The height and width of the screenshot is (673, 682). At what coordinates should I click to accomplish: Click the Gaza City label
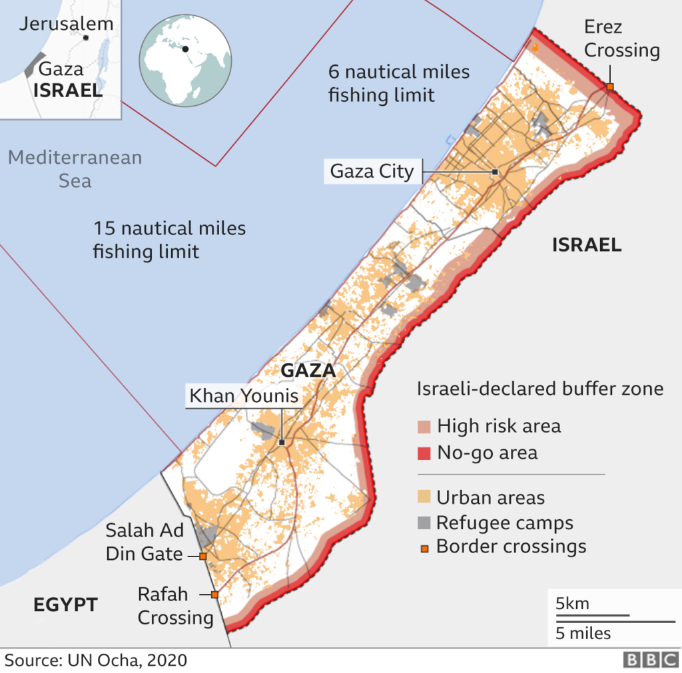click(372, 171)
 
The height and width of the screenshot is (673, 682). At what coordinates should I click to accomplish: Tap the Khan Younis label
click(243, 397)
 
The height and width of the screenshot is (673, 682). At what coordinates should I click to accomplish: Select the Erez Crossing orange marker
click(609, 87)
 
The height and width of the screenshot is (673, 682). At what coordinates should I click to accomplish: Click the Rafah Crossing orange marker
click(214, 594)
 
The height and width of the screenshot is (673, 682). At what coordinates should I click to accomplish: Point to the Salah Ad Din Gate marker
click(202, 556)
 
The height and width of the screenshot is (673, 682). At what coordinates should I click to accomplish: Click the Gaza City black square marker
click(495, 172)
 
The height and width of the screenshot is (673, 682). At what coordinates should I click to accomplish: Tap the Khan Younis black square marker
click(282, 442)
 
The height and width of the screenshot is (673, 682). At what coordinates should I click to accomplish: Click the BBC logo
click(650, 659)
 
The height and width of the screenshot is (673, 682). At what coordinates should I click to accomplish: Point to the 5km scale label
click(573, 604)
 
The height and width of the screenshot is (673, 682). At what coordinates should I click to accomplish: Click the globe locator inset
click(185, 60)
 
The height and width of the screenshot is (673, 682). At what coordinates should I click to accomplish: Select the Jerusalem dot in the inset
click(86, 37)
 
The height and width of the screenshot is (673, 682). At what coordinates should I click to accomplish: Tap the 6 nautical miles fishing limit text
click(398, 83)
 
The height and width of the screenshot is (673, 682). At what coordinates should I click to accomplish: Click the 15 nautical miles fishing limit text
click(169, 240)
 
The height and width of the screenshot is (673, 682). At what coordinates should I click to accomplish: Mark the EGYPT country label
click(66, 605)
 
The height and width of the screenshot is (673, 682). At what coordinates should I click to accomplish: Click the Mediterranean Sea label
click(75, 169)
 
